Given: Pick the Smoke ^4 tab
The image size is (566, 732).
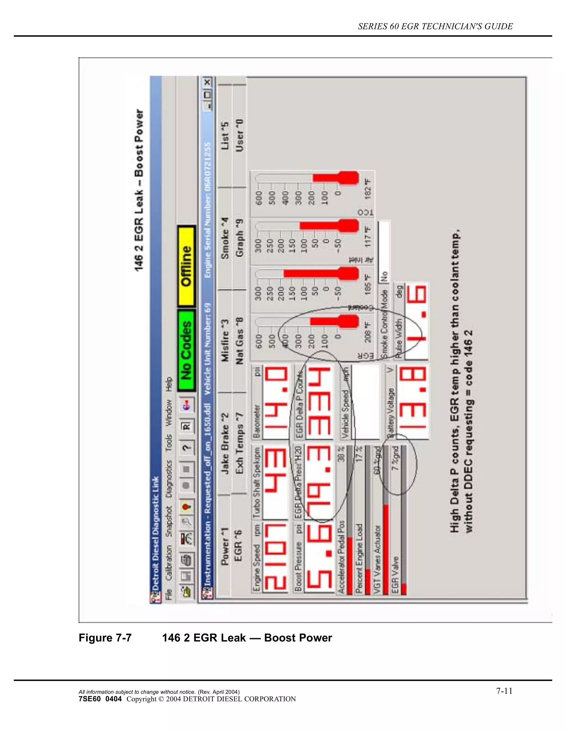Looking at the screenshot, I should [x=225, y=239].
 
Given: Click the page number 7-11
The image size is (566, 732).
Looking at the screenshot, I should [x=504, y=691].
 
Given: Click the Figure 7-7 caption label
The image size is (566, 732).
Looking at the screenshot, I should [x=105, y=638].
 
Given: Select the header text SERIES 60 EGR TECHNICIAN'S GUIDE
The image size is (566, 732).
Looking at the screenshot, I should [x=435, y=27].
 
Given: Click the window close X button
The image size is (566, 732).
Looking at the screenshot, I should [x=208, y=81].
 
